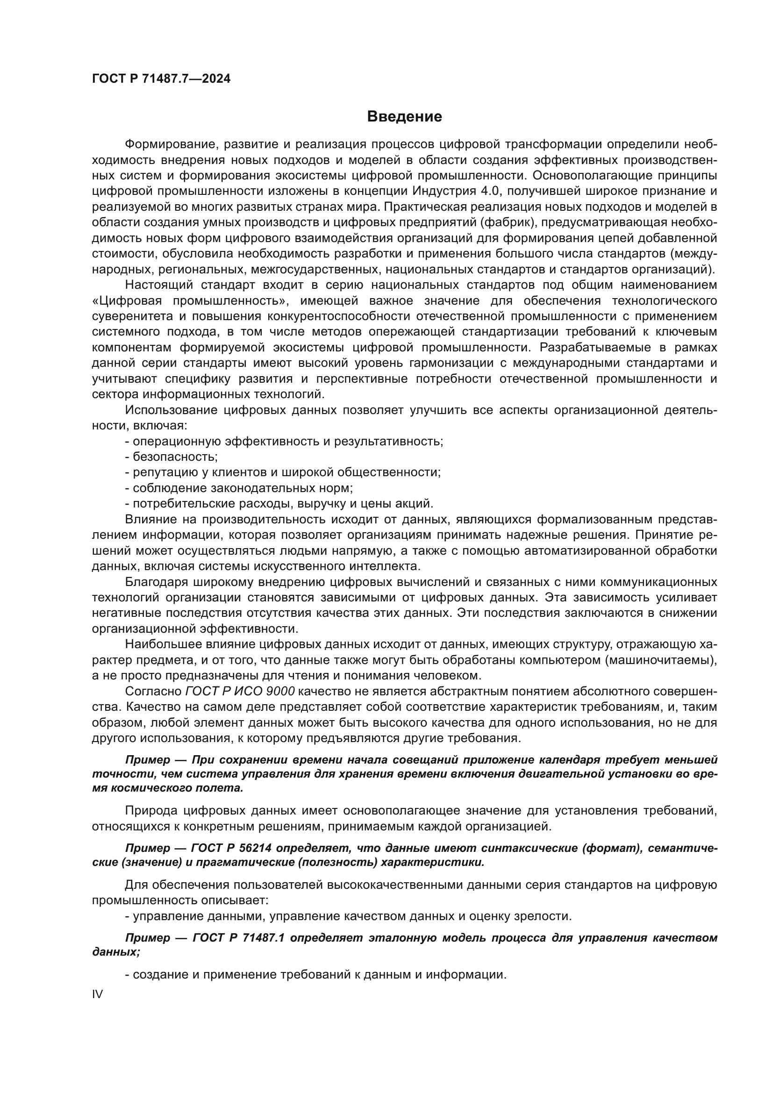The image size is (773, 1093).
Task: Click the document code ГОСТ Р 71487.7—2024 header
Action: [x=161, y=79]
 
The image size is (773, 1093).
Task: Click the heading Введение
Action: [x=405, y=117]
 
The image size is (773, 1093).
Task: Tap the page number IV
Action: [x=97, y=994]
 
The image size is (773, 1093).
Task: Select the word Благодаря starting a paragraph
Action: [x=155, y=582]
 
